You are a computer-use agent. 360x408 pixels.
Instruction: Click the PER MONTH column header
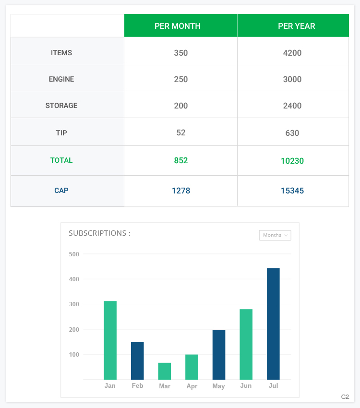click(x=178, y=26)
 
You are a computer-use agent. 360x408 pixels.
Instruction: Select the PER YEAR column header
click(x=297, y=26)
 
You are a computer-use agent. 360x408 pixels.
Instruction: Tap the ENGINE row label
click(x=61, y=79)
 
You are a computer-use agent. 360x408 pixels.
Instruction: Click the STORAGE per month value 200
click(x=181, y=106)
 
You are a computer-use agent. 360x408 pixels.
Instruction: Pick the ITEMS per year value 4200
click(x=292, y=53)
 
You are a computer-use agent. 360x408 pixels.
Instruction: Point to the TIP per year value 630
click(x=292, y=133)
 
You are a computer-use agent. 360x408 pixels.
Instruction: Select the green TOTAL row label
click(x=61, y=160)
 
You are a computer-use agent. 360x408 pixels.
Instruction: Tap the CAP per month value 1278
click(x=181, y=191)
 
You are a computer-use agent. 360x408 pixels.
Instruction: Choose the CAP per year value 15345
click(x=292, y=191)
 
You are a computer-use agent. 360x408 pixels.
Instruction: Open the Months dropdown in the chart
click(x=275, y=235)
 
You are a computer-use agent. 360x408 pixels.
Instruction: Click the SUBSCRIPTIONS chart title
click(x=99, y=233)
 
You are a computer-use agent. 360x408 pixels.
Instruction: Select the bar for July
click(x=273, y=324)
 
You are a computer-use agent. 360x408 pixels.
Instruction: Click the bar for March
click(x=165, y=371)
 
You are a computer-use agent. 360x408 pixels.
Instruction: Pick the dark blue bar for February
click(x=137, y=361)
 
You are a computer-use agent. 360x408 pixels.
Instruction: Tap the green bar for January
click(x=110, y=340)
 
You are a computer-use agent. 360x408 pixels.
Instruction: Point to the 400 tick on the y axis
click(x=74, y=279)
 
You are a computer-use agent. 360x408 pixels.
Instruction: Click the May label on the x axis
click(x=218, y=386)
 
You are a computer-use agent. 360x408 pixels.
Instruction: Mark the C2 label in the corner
click(x=345, y=397)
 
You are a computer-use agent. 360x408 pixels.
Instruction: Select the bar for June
click(x=246, y=344)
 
